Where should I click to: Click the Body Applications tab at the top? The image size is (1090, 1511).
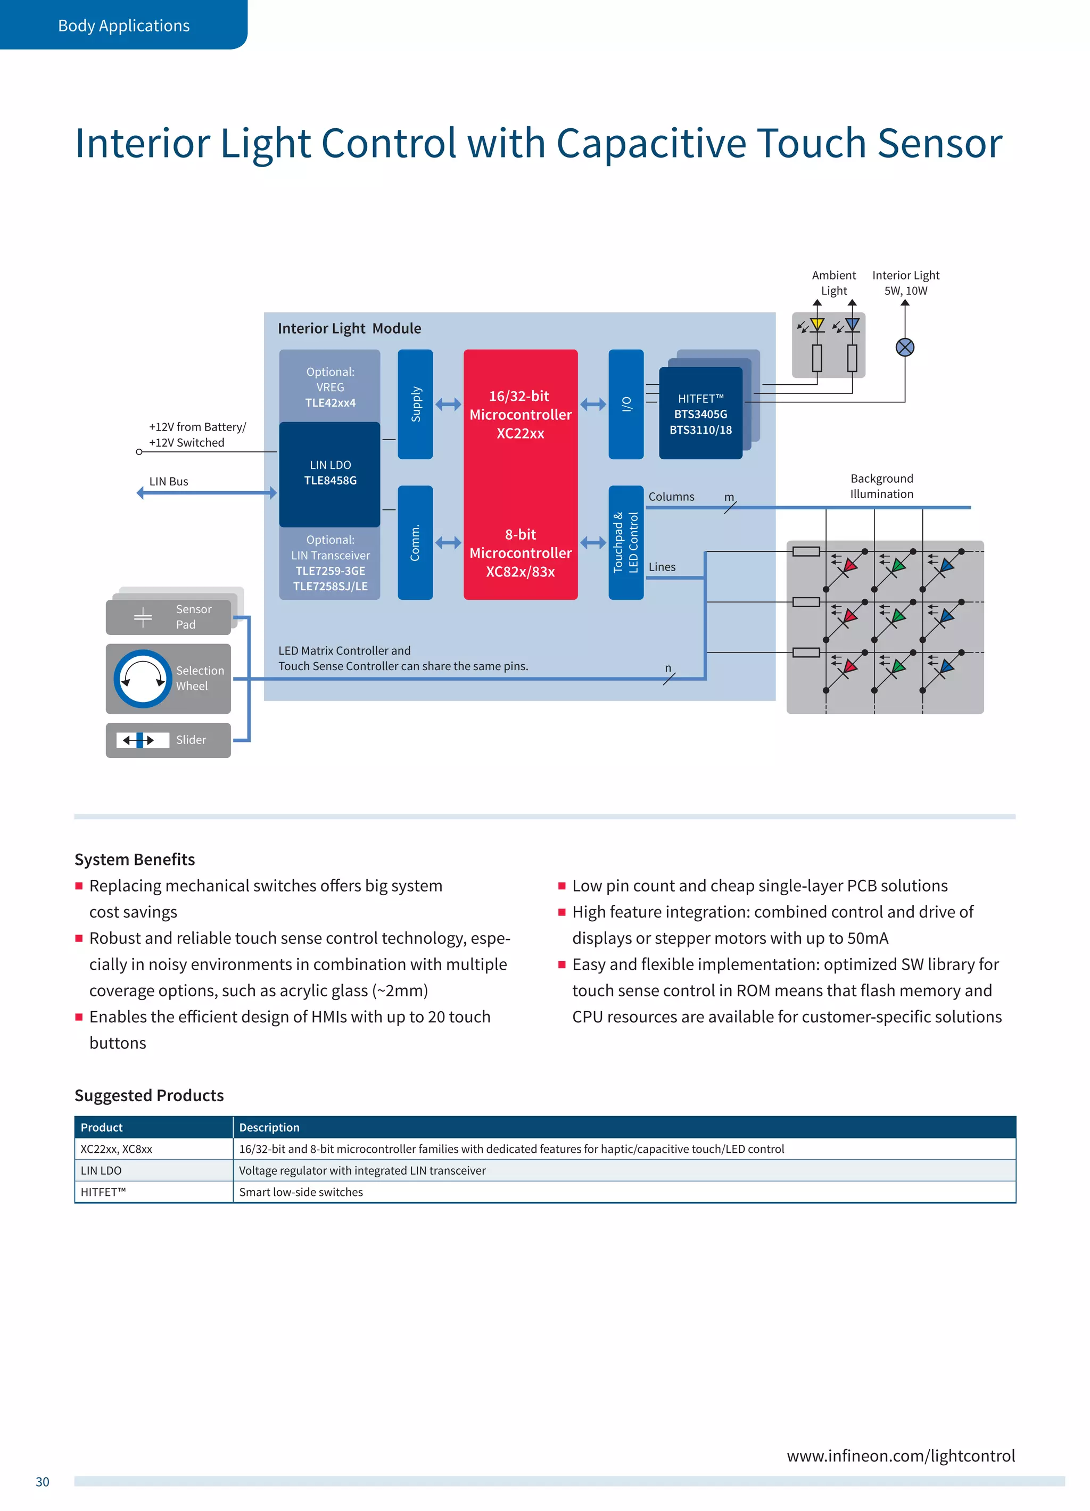pos(123,26)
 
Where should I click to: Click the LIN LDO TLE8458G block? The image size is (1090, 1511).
pos(330,473)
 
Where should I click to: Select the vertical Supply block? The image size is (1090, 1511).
pos(415,404)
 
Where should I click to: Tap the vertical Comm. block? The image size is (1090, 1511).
pos(415,542)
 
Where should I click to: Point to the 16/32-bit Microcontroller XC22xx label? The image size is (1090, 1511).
pos(521,415)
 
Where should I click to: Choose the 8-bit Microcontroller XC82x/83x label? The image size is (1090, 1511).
pos(521,553)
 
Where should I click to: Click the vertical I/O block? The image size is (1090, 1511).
pos(625,404)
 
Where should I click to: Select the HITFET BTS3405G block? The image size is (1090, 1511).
pos(700,414)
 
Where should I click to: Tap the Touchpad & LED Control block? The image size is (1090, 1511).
pos(625,542)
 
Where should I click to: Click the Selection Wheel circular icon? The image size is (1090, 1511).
pos(143,678)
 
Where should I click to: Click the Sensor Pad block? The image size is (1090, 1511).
pos(168,617)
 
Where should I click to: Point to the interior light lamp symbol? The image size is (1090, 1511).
pos(904,347)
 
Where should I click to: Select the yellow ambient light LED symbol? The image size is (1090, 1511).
pos(817,326)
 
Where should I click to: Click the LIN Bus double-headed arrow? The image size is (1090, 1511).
pos(207,493)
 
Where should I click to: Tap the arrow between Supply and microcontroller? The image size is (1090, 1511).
pos(448,404)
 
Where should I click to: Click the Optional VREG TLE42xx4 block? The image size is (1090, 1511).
pos(330,386)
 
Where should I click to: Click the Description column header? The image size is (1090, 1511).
pos(269,1127)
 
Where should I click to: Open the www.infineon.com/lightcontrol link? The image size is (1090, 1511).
pos(900,1456)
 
